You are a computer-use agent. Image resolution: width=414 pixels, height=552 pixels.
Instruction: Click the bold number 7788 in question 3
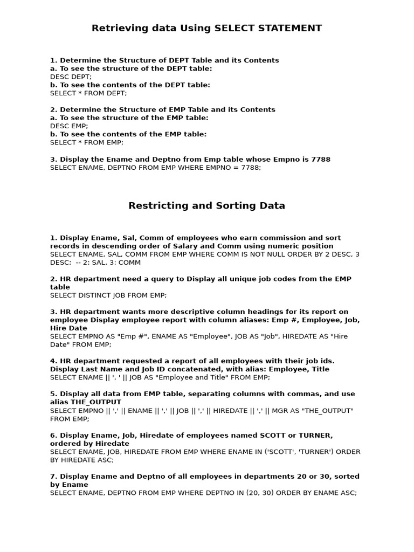coord(321,159)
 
